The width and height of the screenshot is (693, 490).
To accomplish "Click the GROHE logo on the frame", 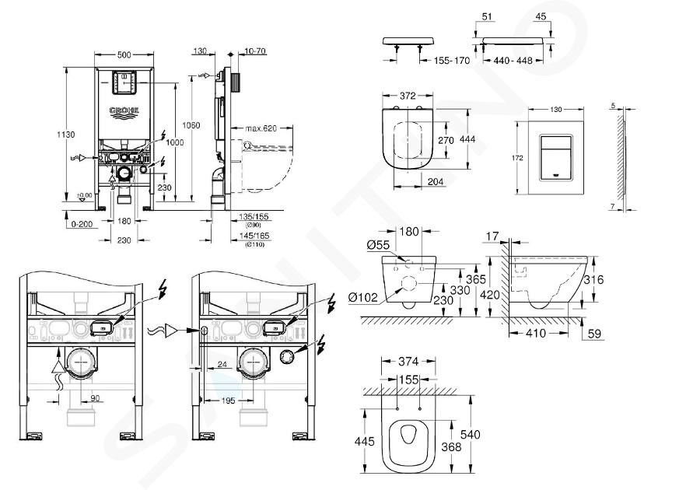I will (x=124, y=110).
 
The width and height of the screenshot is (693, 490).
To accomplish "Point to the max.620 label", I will (x=261, y=128).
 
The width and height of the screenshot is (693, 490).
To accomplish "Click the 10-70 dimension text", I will (x=254, y=51).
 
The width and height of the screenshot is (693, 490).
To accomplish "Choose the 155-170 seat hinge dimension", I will (x=452, y=60).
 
